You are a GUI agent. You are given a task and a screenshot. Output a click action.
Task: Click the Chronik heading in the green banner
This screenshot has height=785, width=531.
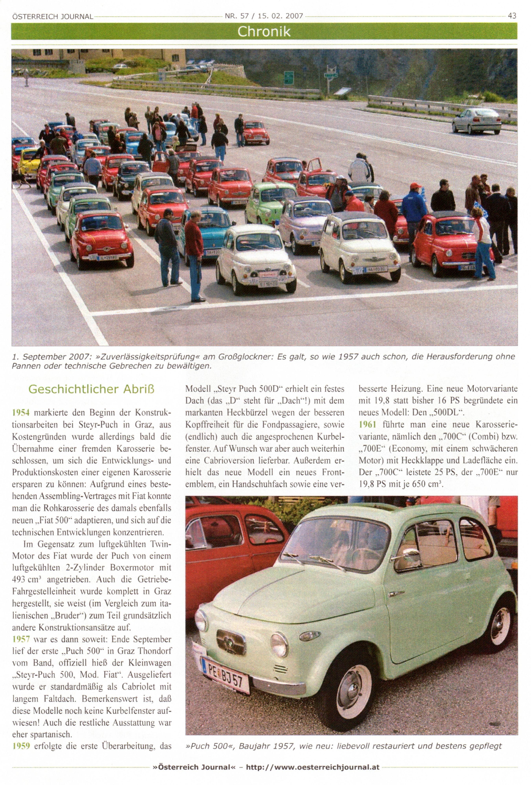click(264, 31)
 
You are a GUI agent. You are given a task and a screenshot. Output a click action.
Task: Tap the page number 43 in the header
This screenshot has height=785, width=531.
click(512, 16)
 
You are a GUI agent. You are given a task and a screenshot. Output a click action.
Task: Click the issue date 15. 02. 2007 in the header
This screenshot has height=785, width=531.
click(281, 16)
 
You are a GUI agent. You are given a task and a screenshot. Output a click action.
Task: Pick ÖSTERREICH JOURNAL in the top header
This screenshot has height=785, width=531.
click(52, 16)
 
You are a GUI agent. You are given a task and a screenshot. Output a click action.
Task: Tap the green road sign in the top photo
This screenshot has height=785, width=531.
click(288, 77)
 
